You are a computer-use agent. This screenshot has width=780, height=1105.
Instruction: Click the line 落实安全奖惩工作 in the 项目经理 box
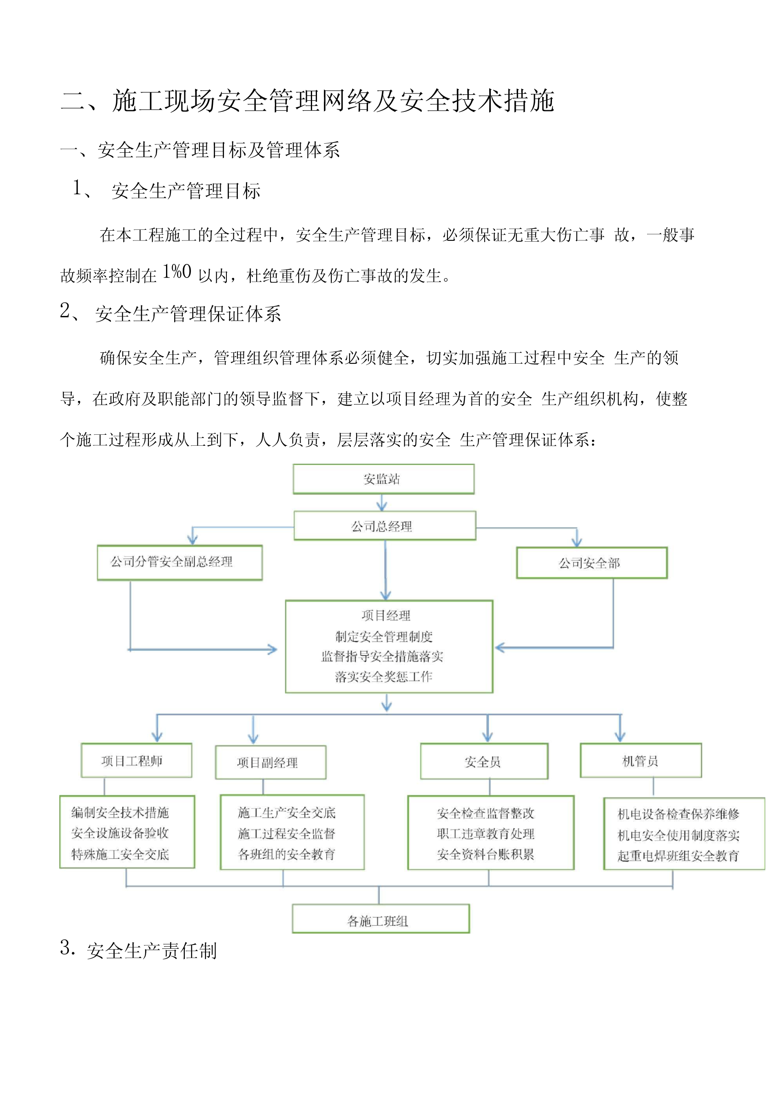pos(384,677)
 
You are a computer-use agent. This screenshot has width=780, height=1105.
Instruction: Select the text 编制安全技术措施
pos(120,813)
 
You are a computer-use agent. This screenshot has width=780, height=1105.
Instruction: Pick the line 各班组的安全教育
pos(287,854)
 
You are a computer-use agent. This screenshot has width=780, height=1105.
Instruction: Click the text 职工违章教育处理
pos(486,834)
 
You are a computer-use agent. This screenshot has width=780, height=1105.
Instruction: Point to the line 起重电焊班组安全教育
pos(678,856)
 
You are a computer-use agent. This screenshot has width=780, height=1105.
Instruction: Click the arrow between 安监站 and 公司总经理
pos(382,502)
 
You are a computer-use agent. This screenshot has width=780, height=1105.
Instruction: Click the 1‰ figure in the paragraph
pos(177,272)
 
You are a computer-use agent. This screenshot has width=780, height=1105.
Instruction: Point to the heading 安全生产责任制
pos(152,951)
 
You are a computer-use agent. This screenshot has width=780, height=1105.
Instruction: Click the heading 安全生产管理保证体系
pos(188,314)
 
